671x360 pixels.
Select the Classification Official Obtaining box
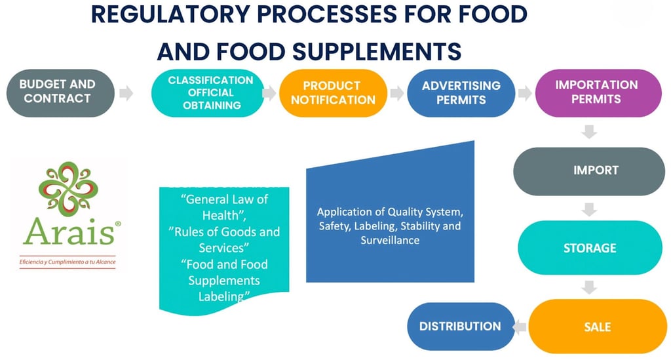point(210,93)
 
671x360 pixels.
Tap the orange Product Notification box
point(333,93)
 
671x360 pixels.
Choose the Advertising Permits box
point(461,93)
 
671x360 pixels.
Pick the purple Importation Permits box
point(596,93)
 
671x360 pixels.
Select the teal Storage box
point(589,249)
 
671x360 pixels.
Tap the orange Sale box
point(597,326)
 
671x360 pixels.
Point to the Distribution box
point(460,326)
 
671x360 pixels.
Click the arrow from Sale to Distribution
point(519,326)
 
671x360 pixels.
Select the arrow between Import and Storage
point(589,210)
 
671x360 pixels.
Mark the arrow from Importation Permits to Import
point(589,132)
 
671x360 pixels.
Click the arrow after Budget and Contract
point(127,93)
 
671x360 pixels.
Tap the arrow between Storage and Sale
point(589,287)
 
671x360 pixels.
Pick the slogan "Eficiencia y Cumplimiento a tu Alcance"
point(67,262)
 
